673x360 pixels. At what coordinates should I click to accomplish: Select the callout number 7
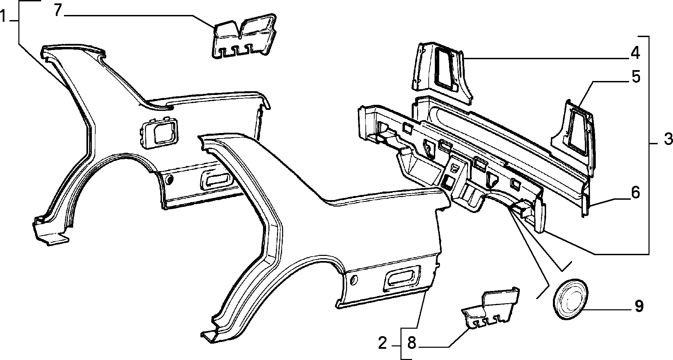(58, 11)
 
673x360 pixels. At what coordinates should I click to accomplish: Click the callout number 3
(668, 140)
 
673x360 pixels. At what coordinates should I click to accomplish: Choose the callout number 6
(635, 193)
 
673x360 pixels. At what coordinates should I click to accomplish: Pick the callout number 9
(639, 306)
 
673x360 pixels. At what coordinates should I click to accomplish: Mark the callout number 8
(411, 343)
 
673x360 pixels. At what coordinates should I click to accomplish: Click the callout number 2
(383, 343)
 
